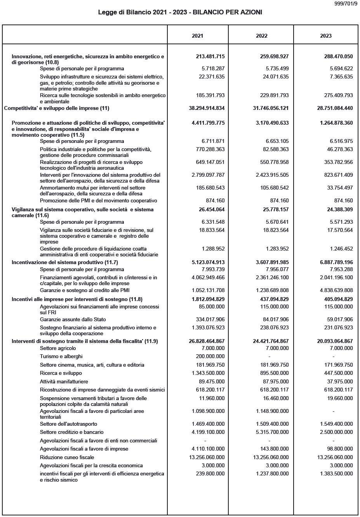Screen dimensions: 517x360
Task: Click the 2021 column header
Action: tap(197, 36)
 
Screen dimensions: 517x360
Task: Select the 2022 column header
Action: tap(261, 36)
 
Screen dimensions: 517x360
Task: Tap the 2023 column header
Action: tap(326, 36)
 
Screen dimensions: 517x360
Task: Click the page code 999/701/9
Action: tap(346, 4)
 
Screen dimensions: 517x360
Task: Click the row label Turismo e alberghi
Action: tap(61, 357)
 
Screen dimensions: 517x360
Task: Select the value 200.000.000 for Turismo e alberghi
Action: tap(210, 357)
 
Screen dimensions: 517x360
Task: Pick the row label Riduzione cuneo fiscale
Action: tap(67, 457)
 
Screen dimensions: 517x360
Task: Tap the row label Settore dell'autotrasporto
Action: tap(68, 424)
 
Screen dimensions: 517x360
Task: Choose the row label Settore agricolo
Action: tap(58, 348)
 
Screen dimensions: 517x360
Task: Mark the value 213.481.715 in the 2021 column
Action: tap(210, 56)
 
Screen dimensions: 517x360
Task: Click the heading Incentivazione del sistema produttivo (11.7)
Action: tap(65, 262)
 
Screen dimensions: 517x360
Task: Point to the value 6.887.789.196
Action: tap(336, 262)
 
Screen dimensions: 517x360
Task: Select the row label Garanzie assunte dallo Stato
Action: tap(73, 320)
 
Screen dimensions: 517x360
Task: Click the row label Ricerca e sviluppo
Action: tap(61, 373)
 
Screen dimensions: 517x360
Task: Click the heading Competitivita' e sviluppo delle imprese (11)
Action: tap(56, 108)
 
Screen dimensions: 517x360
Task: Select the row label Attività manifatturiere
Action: tap(64, 382)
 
